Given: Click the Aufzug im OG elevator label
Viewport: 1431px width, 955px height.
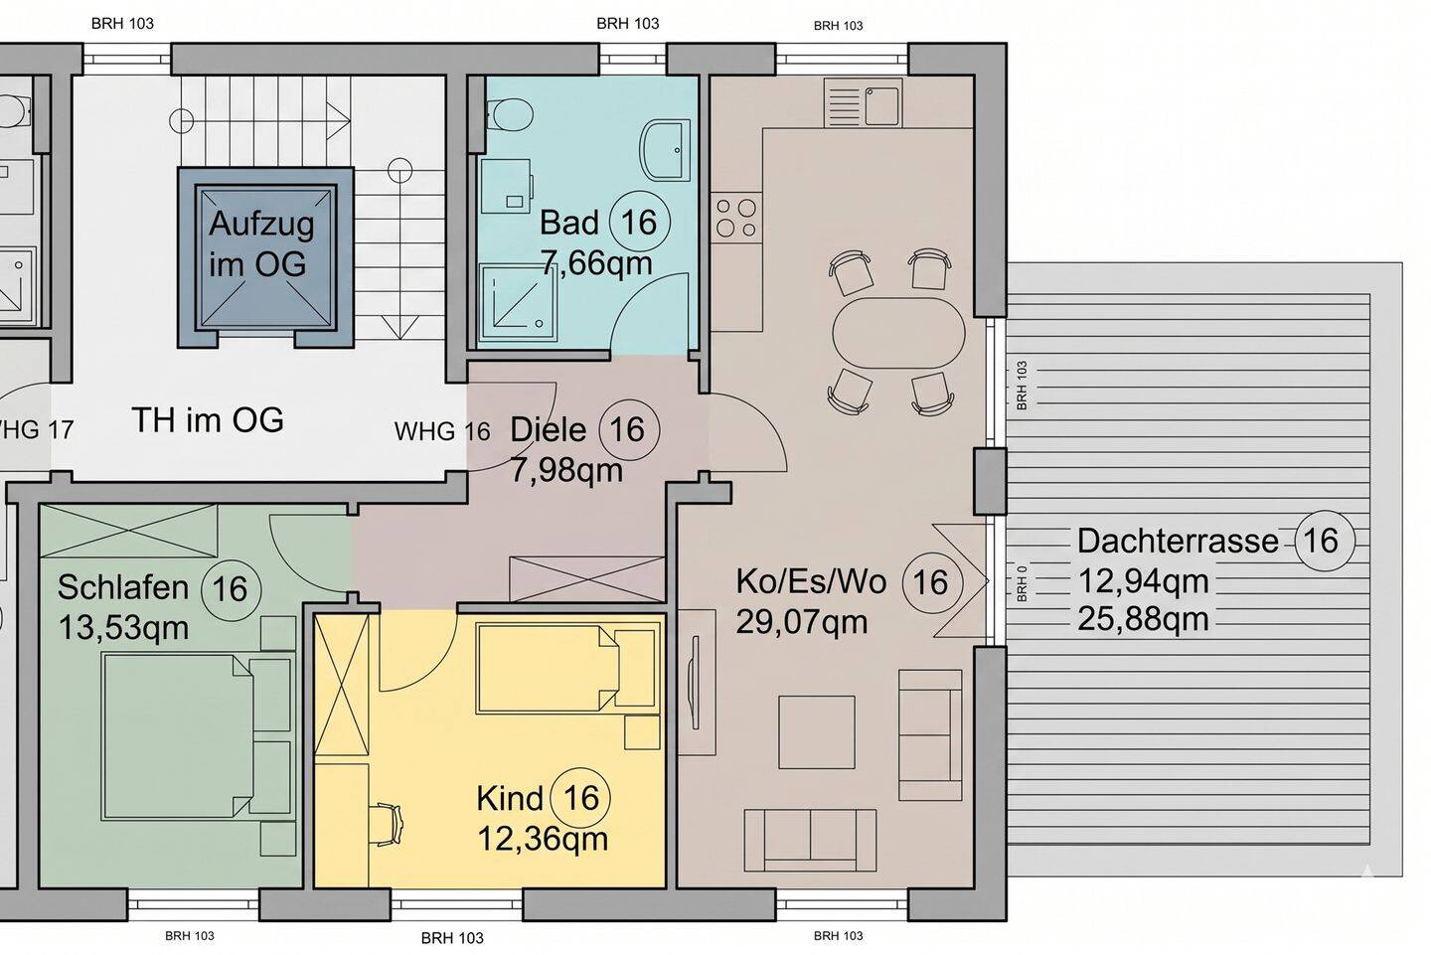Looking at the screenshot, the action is (261, 243).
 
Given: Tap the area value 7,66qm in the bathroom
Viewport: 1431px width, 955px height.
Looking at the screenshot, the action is (596, 262).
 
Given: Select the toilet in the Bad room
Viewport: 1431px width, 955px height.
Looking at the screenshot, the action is (509, 115).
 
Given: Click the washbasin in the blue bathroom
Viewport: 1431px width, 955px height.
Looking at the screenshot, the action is (665, 150).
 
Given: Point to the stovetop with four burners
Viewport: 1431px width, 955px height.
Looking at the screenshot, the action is (736, 218).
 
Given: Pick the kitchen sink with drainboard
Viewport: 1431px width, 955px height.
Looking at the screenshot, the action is (863, 102).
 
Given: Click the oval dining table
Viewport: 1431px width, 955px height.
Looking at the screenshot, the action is (898, 333).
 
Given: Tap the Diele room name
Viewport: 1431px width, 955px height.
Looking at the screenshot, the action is (549, 430).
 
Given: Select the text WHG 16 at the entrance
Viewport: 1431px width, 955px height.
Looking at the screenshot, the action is (442, 432).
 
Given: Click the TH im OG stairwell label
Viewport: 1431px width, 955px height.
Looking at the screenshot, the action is (208, 419).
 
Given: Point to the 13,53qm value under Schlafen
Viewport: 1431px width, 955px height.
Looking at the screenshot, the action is (123, 627).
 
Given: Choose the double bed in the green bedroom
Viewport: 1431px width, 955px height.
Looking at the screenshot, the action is (198, 736).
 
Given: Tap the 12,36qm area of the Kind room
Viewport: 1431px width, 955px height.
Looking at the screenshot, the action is (543, 838).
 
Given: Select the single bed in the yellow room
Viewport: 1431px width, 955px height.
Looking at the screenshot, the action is (567, 668).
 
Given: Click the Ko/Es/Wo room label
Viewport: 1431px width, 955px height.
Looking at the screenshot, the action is (811, 582).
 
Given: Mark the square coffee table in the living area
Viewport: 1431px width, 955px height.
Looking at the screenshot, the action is (817, 732).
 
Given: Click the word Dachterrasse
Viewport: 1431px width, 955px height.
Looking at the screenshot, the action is (1178, 541).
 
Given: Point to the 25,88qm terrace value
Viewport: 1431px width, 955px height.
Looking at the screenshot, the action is (1143, 619).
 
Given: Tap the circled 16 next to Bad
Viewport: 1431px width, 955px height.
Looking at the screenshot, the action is (640, 223).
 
